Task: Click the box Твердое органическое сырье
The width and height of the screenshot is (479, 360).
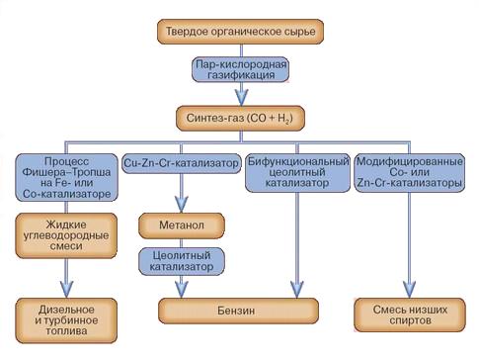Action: [x=240, y=32]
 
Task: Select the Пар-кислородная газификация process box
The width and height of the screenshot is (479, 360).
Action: [x=240, y=69]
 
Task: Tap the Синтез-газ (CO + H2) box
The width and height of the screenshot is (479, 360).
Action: [x=240, y=118]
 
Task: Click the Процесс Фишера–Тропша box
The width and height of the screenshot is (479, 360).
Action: [x=66, y=177]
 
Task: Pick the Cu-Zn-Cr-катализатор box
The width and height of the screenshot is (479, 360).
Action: [x=181, y=163]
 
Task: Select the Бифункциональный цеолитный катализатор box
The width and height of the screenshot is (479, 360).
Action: [x=297, y=172]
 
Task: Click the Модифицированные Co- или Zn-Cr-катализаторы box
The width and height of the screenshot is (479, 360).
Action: [x=410, y=172]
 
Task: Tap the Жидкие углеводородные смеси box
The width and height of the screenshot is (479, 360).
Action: [x=66, y=235]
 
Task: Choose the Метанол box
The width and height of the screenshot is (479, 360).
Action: [x=182, y=225]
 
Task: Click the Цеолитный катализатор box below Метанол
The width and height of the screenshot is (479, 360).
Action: [x=182, y=261]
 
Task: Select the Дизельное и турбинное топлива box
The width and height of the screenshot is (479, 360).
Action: [x=66, y=320]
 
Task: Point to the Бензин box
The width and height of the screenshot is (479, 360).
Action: [x=238, y=311]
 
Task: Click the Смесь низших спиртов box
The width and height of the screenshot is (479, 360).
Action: [x=410, y=315]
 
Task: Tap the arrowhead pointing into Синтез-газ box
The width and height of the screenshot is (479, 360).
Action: [x=241, y=97]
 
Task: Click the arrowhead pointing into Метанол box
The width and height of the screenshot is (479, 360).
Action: [x=181, y=205]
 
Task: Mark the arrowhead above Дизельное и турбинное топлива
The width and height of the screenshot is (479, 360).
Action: [x=67, y=290]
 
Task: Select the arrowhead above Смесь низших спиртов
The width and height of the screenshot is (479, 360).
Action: [x=409, y=290]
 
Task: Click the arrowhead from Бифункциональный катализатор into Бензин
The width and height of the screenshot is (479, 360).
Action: [x=297, y=290]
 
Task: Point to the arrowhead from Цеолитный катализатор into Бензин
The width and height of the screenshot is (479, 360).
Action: [x=181, y=290]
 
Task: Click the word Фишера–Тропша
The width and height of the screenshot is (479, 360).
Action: [x=66, y=172]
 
